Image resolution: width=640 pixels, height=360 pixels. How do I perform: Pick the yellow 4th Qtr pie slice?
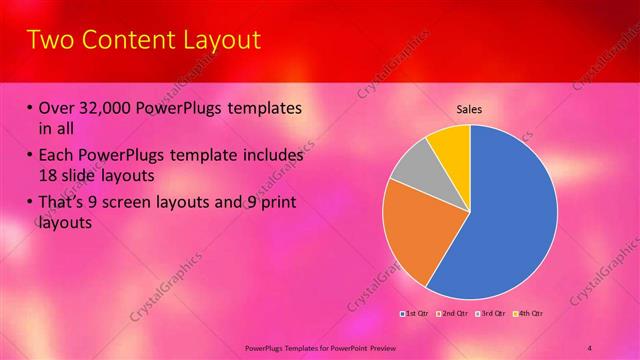pyautogui.click(x=451, y=144)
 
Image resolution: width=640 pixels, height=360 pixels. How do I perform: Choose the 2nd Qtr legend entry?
pyautogui.click(x=453, y=314)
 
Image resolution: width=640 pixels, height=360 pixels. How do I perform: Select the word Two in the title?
pyautogui.click(x=48, y=40)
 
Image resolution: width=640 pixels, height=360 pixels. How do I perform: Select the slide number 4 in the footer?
pyautogui.click(x=590, y=346)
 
